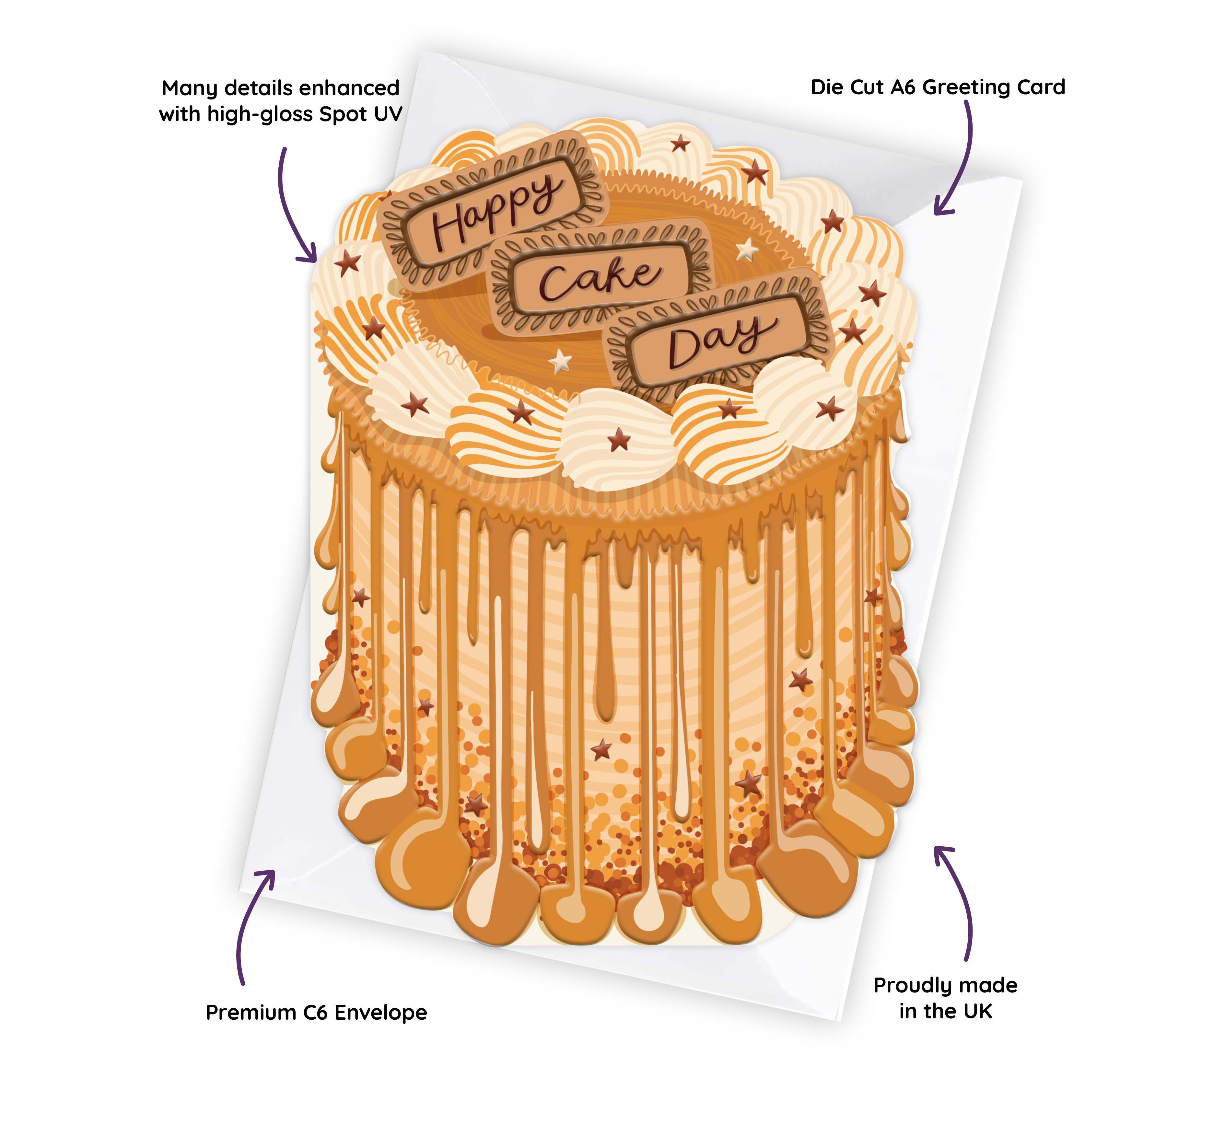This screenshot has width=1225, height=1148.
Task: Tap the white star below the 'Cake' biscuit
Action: [x=560, y=361]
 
